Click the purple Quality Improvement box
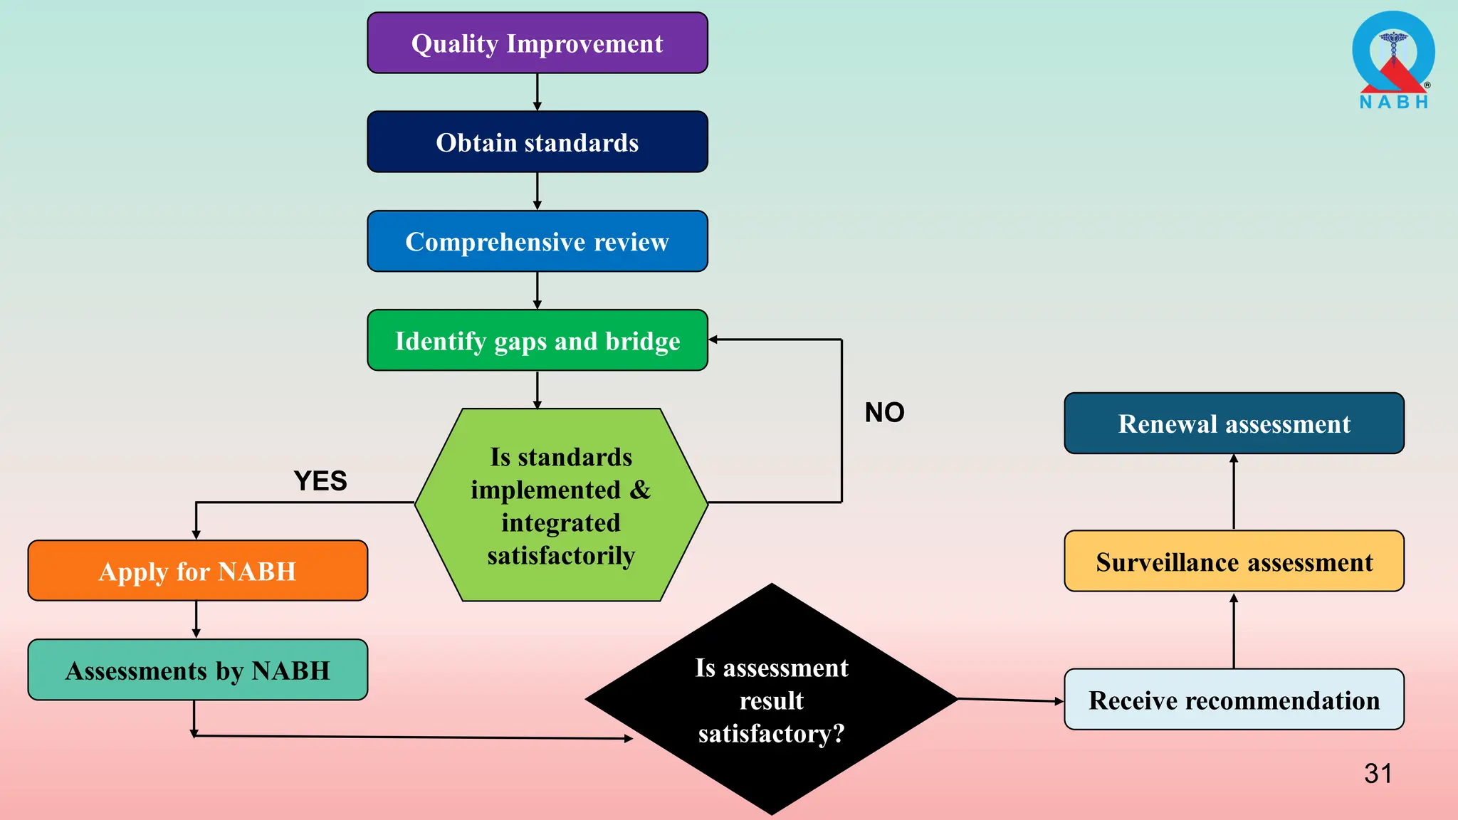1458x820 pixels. click(537, 43)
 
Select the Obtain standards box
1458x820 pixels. click(537, 142)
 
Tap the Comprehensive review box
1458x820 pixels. click(537, 241)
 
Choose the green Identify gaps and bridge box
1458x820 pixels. click(537, 340)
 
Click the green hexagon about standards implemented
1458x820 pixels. click(561, 505)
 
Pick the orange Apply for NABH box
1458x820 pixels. click(197, 571)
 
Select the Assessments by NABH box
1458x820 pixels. click(197, 670)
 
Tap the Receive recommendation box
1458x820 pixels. click(1234, 700)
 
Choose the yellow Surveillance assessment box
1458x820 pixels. click(1234, 562)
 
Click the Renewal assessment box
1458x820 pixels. click(1234, 424)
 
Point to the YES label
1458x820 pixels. click(320, 481)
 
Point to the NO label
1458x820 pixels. click(884, 413)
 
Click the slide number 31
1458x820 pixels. click(1378, 774)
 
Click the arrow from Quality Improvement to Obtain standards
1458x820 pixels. click(537, 92)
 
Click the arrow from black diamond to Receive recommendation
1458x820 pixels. click(1011, 700)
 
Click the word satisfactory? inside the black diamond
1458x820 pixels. click(771, 734)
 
